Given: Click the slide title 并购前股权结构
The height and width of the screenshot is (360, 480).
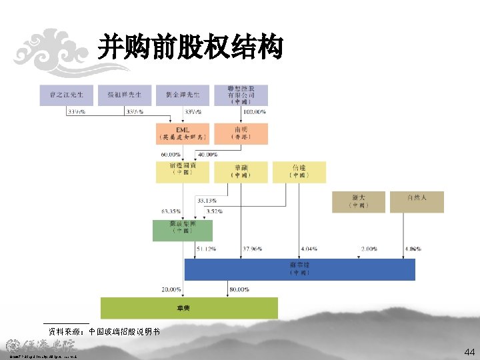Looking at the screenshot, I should (190, 48).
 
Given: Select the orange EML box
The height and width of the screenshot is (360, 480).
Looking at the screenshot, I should (183, 134).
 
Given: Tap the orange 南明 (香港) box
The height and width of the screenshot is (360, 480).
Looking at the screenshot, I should (241, 134).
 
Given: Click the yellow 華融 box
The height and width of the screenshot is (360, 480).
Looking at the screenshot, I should (241, 172).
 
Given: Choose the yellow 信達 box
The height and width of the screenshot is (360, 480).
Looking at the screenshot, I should (299, 172).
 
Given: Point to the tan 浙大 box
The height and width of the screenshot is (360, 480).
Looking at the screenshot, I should (358, 202).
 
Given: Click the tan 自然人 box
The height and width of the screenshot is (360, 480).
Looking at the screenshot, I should (417, 202).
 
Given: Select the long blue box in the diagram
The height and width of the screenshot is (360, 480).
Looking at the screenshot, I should (299, 269).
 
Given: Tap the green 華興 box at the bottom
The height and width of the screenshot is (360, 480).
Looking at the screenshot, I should (189, 308).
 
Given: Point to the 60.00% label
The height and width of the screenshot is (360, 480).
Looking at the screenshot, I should (170, 155).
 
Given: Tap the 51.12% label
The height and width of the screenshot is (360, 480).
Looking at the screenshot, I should (206, 249).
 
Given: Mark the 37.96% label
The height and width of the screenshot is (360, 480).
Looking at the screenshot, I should (252, 249).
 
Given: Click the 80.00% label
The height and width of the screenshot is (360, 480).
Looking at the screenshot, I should (239, 289).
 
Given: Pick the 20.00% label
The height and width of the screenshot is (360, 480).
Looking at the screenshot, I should (171, 289).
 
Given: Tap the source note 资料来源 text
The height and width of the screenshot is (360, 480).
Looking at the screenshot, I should (103, 331).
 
